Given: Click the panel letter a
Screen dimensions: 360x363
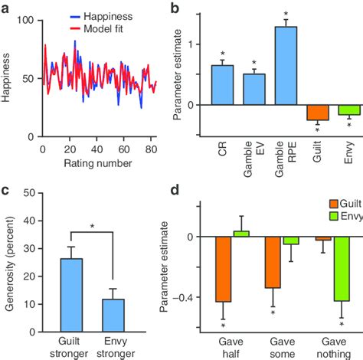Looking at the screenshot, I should pos(6,7).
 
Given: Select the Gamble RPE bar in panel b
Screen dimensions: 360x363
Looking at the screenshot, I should pos(285,65).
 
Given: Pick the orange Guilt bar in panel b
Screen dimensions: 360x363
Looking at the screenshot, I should pos(318,112).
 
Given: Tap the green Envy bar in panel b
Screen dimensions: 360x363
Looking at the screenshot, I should pos(349,110).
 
